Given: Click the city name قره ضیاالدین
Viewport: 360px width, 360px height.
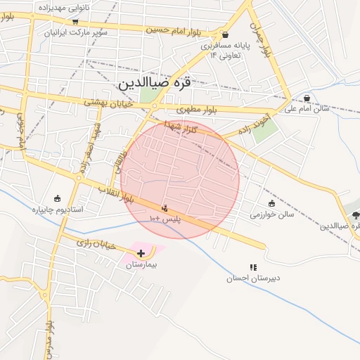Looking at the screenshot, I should [x=154, y=82].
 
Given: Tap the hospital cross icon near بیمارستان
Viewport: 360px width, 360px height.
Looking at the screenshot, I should [x=141, y=252].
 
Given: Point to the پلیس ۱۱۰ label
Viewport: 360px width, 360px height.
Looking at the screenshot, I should [x=165, y=220].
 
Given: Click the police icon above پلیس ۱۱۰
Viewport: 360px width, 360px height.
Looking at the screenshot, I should [x=165, y=208].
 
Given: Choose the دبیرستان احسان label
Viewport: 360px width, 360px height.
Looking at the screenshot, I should [x=252, y=278].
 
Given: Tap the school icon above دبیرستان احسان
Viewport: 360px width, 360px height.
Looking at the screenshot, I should [x=253, y=267].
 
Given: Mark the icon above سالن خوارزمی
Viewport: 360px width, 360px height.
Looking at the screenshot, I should [x=271, y=203].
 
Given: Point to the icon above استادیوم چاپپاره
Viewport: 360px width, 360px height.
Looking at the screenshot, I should [x=58, y=198].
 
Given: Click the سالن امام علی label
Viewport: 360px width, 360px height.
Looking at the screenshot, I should [x=307, y=109].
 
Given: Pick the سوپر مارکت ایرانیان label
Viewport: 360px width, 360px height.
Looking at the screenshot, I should [x=75, y=33].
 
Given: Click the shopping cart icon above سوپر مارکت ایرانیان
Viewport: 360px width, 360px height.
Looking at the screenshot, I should [x=75, y=22].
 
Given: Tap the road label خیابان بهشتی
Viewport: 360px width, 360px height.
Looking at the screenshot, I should [x=105, y=103].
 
